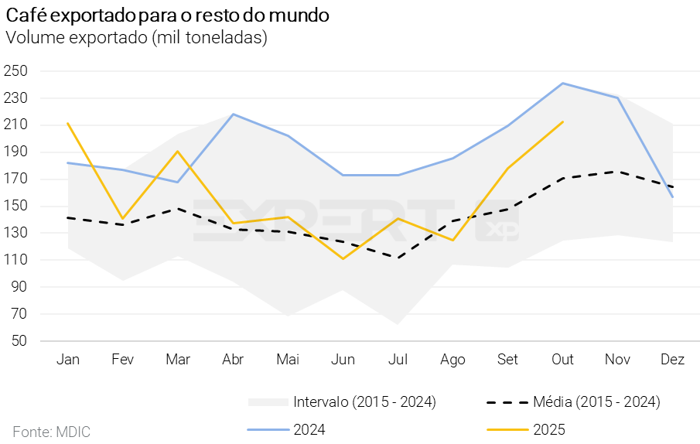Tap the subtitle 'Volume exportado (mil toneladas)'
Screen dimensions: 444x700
click(136, 37)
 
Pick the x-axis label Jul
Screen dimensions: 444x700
click(398, 360)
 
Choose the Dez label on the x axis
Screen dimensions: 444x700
click(672, 360)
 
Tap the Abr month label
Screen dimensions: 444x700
click(233, 360)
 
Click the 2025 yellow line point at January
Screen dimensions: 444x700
click(68, 124)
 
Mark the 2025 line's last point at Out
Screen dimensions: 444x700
click(562, 121)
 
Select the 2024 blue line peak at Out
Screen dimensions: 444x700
click(562, 83)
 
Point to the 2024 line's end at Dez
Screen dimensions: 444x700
click(672, 197)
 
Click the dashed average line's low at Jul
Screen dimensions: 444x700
click(398, 258)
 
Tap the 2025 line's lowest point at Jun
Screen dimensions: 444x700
click(343, 258)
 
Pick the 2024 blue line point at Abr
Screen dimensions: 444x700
click(233, 114)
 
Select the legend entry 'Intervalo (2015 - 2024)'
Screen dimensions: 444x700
click(364, 401)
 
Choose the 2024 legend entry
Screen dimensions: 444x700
click(309, 429)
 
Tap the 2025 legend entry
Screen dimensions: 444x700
click(548, 429)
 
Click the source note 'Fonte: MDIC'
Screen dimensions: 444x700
click(51, 431)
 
